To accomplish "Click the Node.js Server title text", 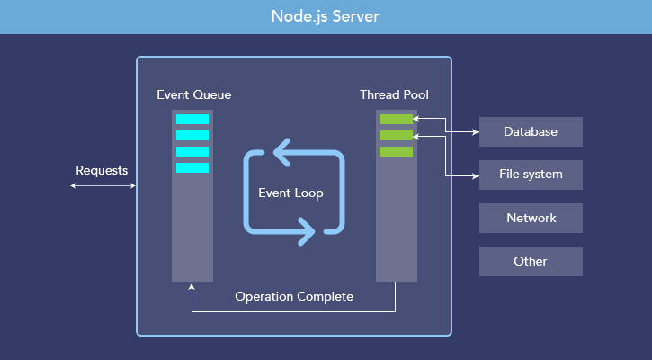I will [x=326, y=17].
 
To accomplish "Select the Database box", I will [x=531, y=131].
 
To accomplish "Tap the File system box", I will [x=531, y=175].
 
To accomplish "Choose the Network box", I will [x=531, y=218].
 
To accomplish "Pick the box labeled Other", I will [x=531, y=261].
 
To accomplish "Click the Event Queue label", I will [x=193, y=94].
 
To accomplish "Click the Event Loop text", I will [x=290, y=193].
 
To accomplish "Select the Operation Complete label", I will [x=294, y=296].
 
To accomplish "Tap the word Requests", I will [x=102, y=170].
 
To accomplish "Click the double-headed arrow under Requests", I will [x=103, y=186].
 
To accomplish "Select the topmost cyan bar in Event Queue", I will [x=192, y=119].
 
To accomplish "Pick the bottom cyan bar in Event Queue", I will [x=192, y=167].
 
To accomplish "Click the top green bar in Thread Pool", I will [x=396, y=119].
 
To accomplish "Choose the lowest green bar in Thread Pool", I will [x=396, y=151].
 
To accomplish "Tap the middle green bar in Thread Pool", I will [x=396, y=135].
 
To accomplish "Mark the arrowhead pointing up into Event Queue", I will [x=192, y=287].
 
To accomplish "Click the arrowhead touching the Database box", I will [x=475, y=131].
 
